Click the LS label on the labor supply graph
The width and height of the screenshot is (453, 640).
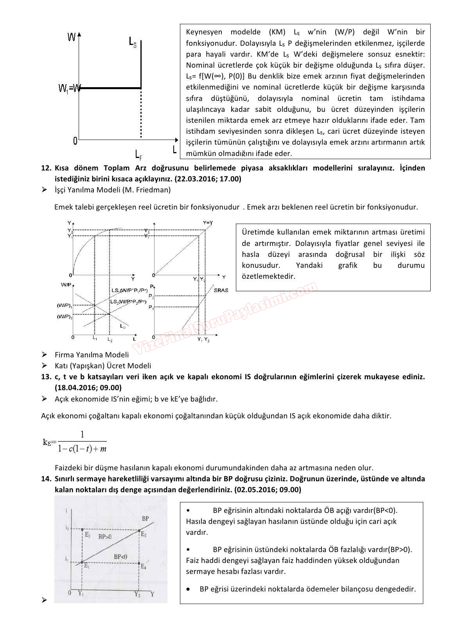(133, 41)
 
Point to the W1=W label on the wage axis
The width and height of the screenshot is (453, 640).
(69, 88)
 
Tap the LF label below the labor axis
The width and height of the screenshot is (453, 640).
(138, 155)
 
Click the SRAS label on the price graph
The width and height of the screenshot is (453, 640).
(221, 290)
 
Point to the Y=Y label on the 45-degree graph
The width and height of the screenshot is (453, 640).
(208, 222)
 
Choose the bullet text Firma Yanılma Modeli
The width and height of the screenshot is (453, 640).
(92, 355)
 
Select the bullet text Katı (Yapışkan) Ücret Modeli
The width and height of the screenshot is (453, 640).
(102, 366)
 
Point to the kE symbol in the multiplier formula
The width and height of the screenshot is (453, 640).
(47, 442)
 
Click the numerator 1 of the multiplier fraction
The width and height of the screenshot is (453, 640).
(82, 434)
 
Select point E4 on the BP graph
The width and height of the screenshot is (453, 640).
(143, 566)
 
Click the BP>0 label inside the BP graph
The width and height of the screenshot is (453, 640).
(104, 537)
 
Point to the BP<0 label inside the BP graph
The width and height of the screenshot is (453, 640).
(120, 557)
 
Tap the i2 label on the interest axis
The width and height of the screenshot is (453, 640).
(67, 528)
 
